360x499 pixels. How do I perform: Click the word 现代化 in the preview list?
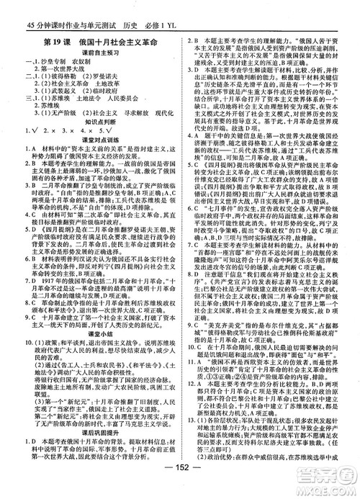(x=167, y=113)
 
